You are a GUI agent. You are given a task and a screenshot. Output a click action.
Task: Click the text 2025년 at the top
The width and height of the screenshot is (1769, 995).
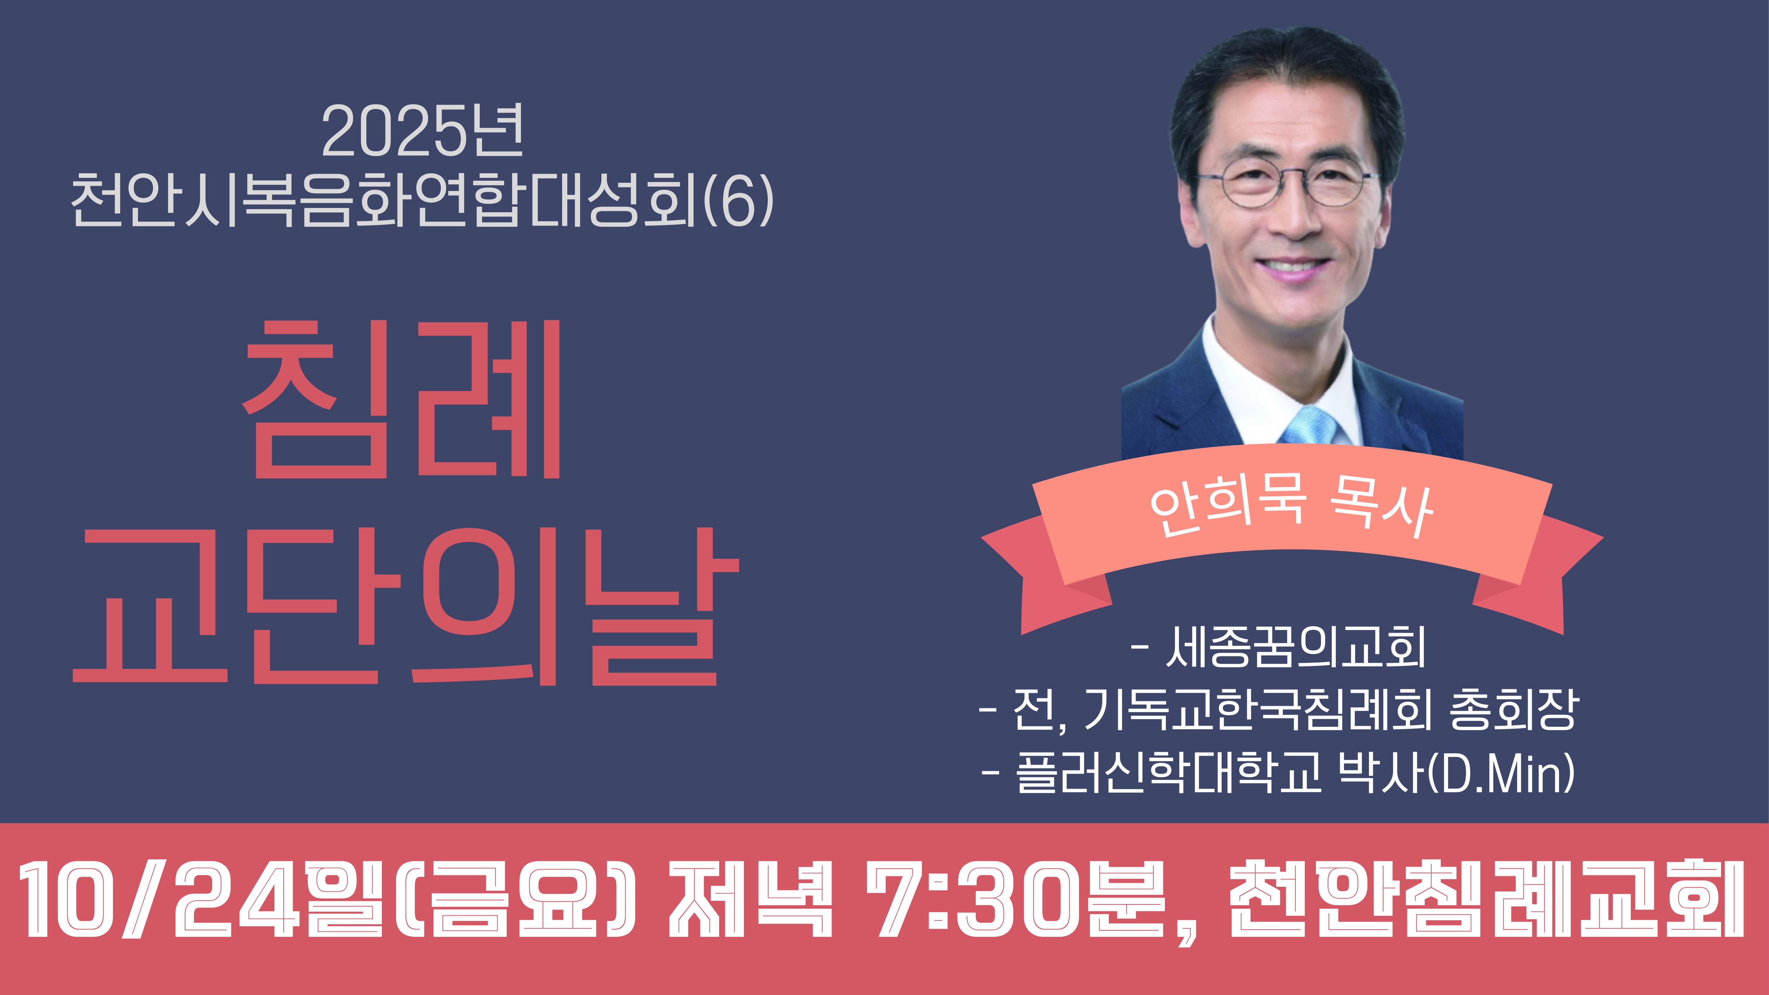(422, 130)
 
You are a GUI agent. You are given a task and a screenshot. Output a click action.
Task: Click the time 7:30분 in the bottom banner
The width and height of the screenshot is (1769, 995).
(1016, 900)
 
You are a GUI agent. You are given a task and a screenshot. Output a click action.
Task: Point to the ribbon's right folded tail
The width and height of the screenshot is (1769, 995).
(1542, 577)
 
